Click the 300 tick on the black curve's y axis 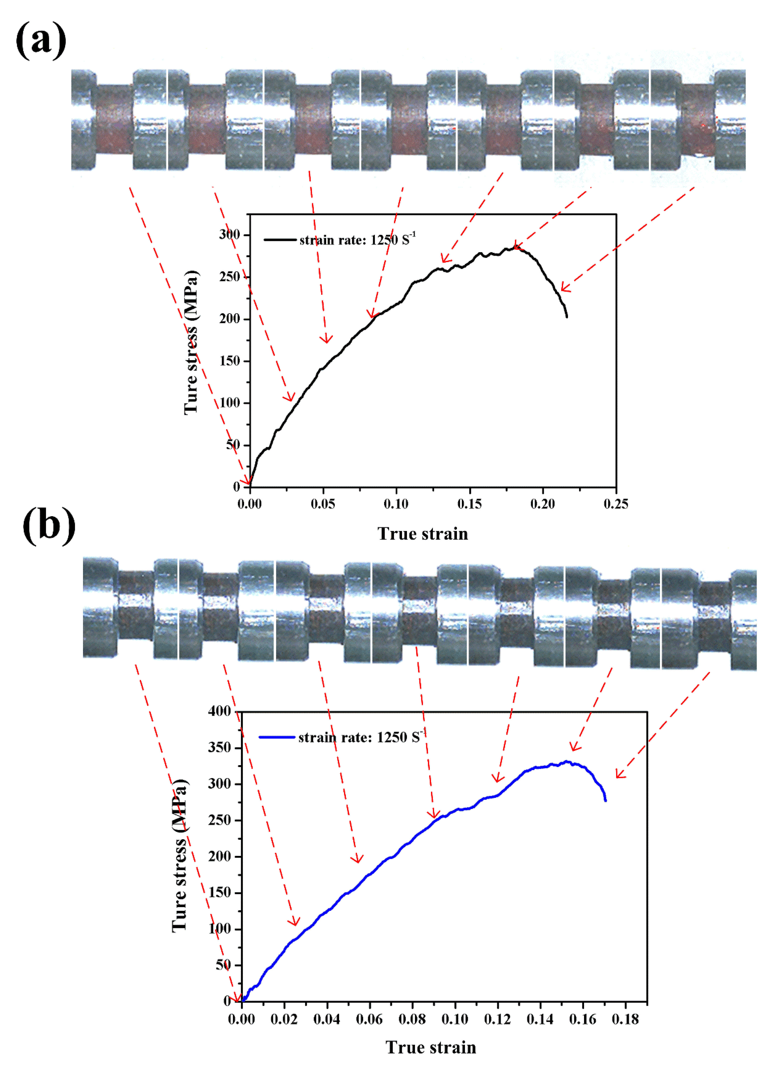(230, 234)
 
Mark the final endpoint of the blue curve (606, 800)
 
